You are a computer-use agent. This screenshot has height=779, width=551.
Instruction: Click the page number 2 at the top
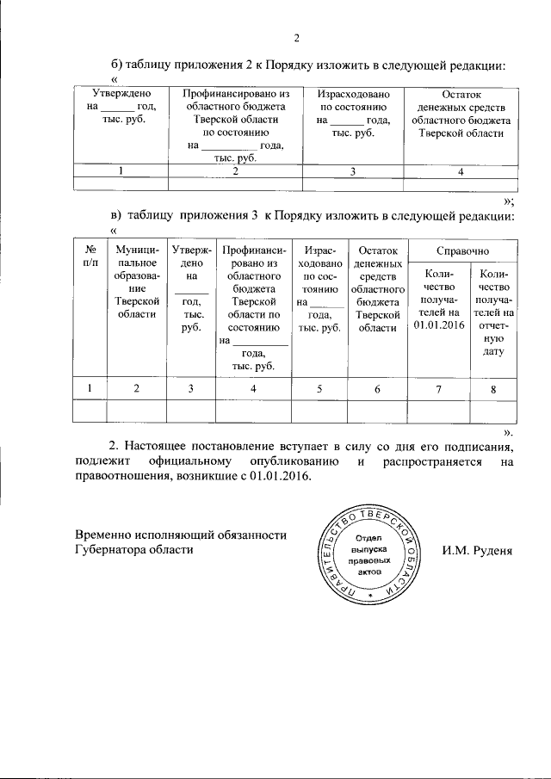pyautogui.click(x=297, y=37)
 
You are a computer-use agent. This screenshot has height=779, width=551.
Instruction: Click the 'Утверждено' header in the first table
pyautogui.click(x=122, y=93)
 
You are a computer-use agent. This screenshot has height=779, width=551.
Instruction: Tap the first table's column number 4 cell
pyautogui.click(x=461, y=170)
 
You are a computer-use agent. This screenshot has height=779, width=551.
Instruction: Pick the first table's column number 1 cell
pyautogui.click(x=121, y=170)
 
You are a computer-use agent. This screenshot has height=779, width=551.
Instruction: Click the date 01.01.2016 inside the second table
pyautogui.click(x=438, y=324)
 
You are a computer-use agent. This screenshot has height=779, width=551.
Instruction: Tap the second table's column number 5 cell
pyautogui.click(x=319, y=389)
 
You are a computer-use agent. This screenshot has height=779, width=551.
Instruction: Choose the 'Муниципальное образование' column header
pyautogui.click(x=134, y=281)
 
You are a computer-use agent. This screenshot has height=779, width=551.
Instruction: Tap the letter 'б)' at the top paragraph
pyautogui.click(x=117, y=65)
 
